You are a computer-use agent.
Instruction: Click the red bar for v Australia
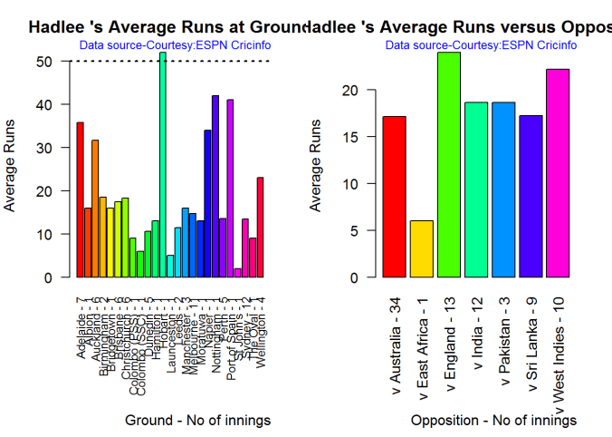tap(395, 197)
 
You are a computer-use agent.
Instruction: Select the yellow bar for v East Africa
tap(422, 248)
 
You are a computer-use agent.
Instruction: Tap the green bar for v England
tap(449, 165)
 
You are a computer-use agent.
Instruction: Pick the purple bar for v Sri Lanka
tap(530, 197)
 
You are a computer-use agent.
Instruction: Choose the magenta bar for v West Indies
tap(557, 173)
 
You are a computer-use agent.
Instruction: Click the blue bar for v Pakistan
tap(502, 189)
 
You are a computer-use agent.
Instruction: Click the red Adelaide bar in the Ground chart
tap(80, 199)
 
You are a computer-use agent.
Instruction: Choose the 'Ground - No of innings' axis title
tap(198, 421)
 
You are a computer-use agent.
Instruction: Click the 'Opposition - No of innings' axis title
tap(493, 421)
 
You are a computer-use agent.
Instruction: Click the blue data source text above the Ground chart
tap(175, 44)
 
